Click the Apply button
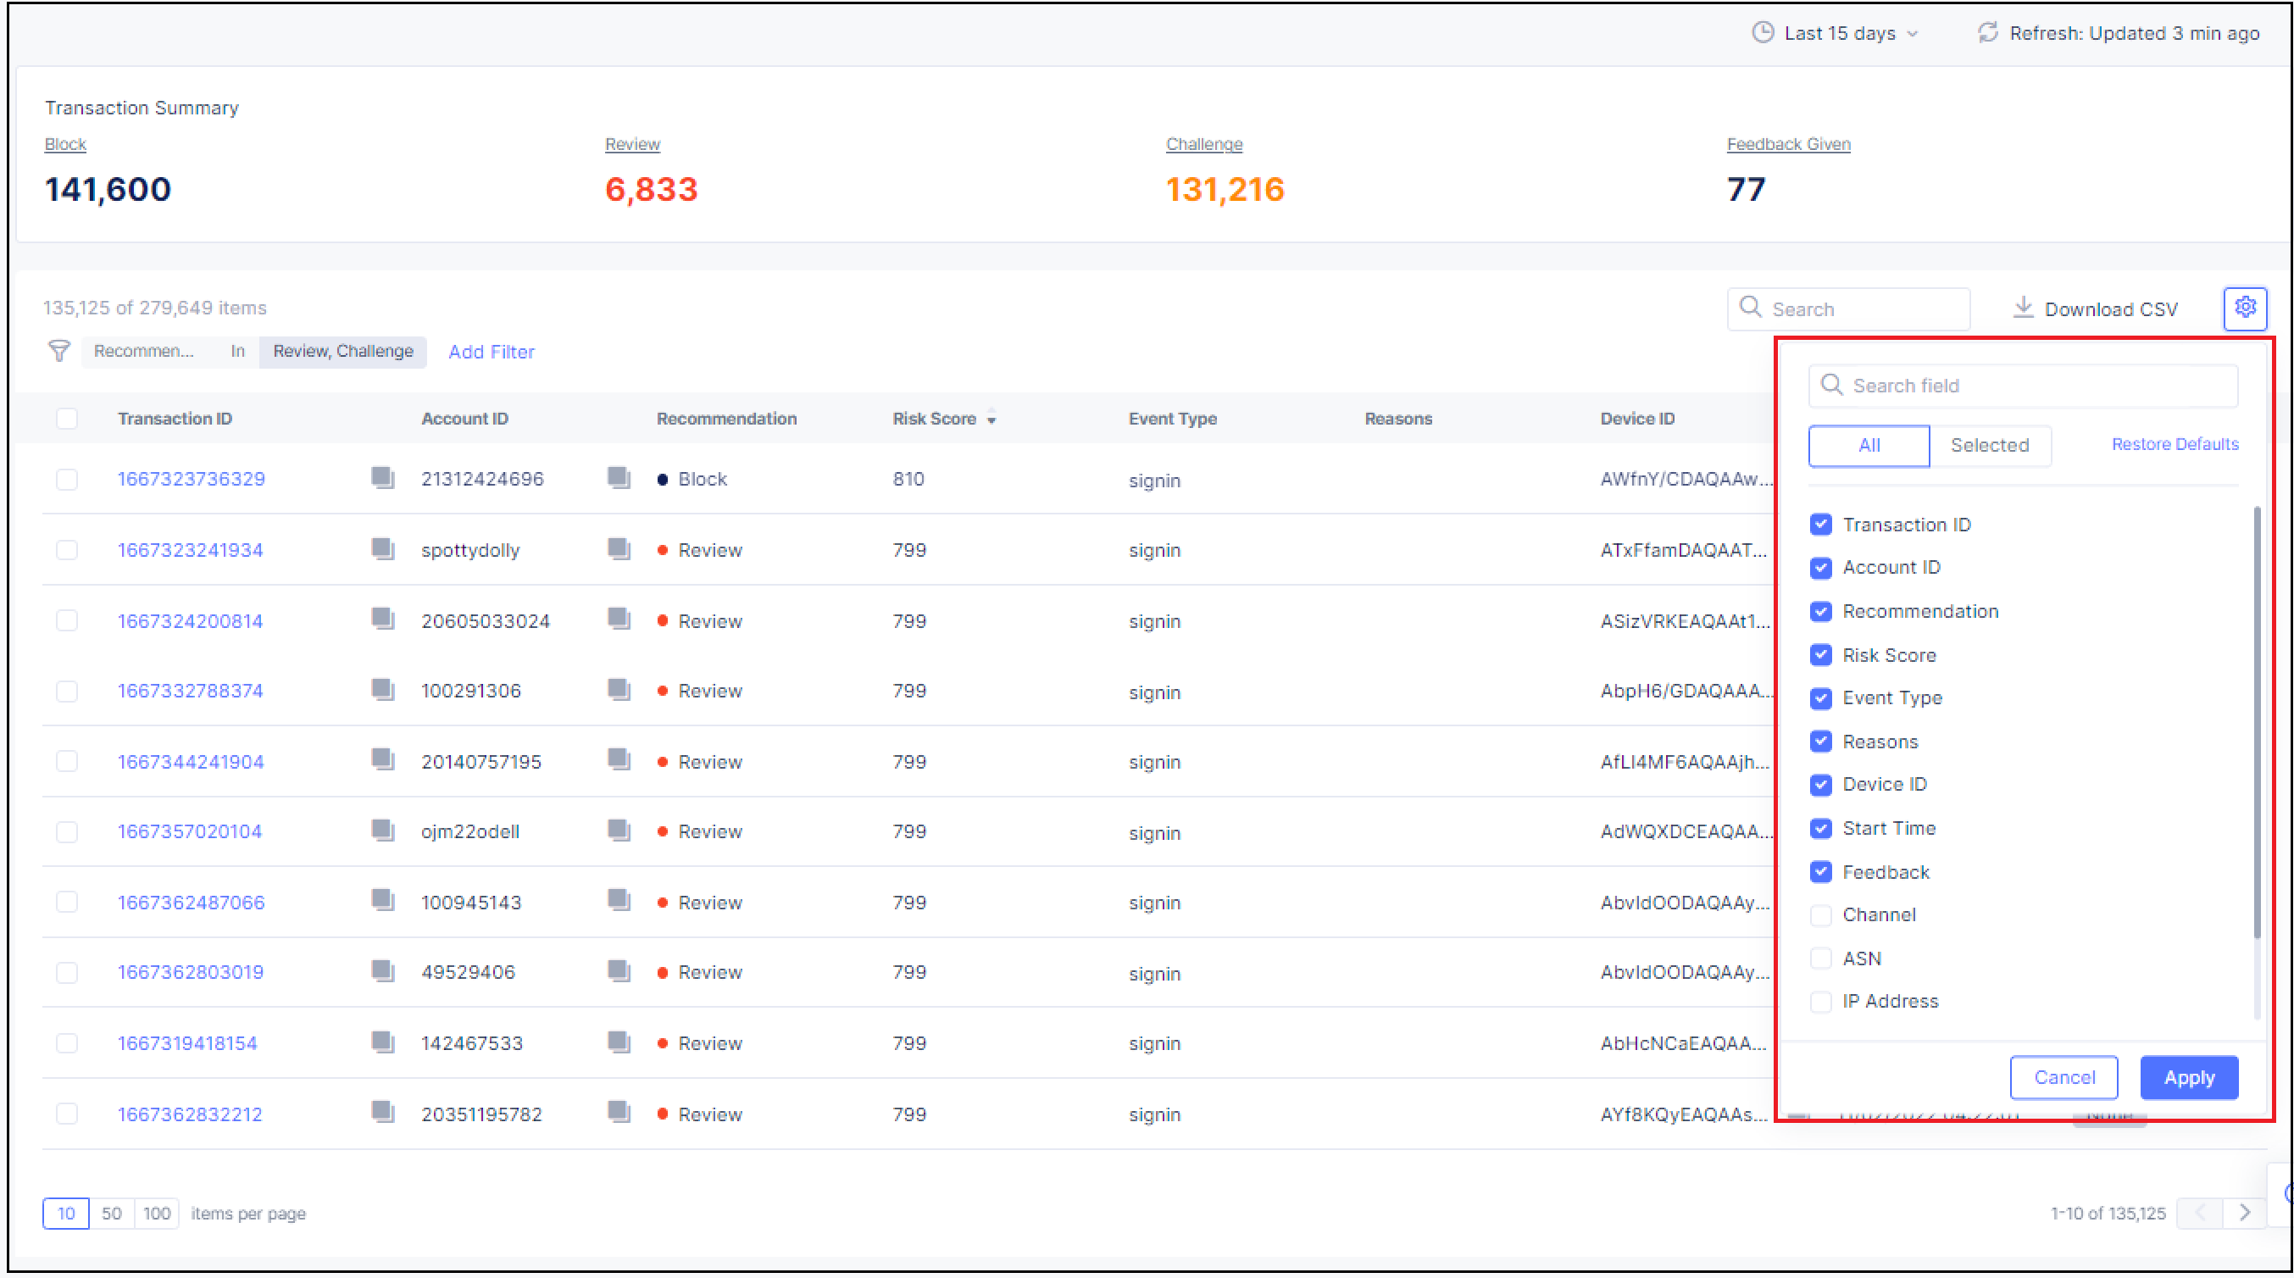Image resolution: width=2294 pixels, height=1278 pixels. pyautogui.click(x=2188, y=1078)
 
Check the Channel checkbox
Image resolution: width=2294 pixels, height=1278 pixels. pyautogui.click(x=1821, y=915)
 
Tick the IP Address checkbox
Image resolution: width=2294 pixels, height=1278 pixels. pyautogui.click(x=1821, y=1002)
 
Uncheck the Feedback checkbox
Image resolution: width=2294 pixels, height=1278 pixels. pyautogui.click(x=1821, y=872)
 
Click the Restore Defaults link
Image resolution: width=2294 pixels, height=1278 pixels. pyautogui.click(x=2174, y=444)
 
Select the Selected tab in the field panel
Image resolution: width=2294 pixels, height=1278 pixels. pyautogui.click(x=1990, y=445)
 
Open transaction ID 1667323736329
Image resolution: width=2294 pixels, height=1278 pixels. pyautogui.click(x=192, y=479)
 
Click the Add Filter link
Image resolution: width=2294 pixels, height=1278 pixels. pyautogui.click(x=491, y=352)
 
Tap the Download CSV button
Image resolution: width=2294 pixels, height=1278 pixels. pyautogui.click(x=2096, y=309)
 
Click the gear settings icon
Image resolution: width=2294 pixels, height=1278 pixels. pyautogui.click(x=2245, y=308)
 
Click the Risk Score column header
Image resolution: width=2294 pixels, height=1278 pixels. pyautogui.click(x=934, y=419)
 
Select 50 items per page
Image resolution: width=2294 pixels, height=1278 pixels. pyautogui.click(x=111, y=1214)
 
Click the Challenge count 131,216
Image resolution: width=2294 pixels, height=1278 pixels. pyautogui.click(x=1225, y=190)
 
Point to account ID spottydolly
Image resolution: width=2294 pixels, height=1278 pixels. pyautogui.click(x=470, y=550)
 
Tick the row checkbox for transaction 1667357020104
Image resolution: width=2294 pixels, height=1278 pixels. pyautogui.click(x=67, y=832)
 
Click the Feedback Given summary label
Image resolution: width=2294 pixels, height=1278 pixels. pyautogui.click(x=1787, y=144)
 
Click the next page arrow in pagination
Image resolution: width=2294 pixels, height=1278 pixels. pyautogui.click(x=2245, y=1213)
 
